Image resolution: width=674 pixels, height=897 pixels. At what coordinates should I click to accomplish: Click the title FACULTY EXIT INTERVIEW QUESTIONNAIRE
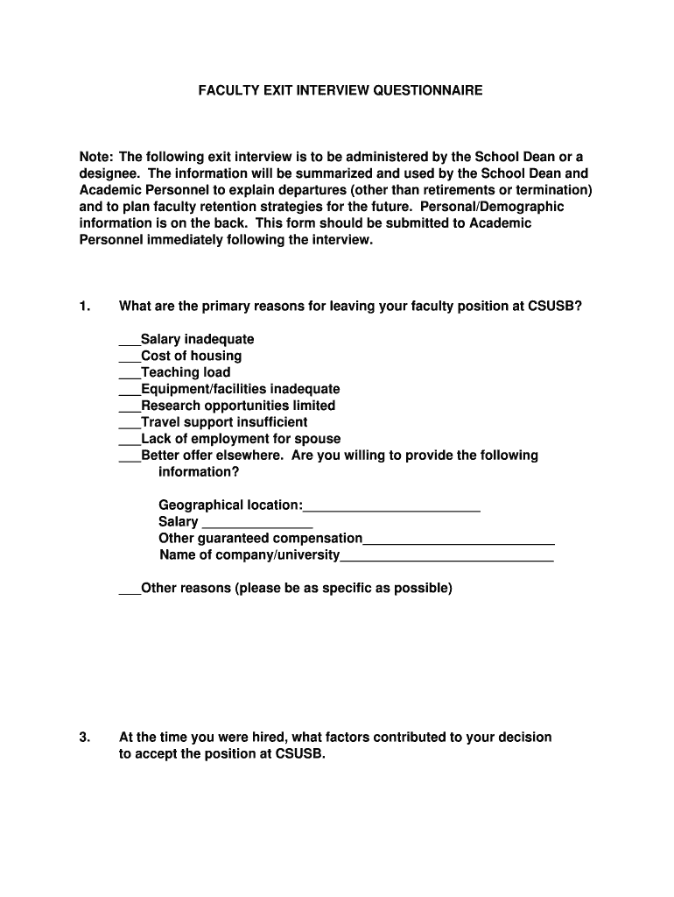click(x=340, y=90)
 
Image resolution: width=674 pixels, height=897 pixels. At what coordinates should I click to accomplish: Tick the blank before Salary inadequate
click(x=130, y=340)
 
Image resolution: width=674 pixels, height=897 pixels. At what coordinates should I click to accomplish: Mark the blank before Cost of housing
click(x=130, y=357)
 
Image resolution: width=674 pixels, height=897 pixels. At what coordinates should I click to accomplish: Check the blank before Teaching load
click(x=130, y=373)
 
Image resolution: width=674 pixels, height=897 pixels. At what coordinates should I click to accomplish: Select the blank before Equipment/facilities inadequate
click(x=130, y=390)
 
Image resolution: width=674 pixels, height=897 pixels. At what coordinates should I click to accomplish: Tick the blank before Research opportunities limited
click(x=130, y=406)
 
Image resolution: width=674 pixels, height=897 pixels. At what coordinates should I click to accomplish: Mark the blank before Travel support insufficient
click(x=130, y=423)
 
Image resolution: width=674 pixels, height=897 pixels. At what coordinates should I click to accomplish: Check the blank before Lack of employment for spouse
click(x=130, y=440)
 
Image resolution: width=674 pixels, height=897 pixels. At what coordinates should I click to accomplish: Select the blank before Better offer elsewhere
click(x=130, y=456)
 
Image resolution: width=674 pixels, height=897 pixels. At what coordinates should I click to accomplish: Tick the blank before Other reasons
click(x=130, y=590)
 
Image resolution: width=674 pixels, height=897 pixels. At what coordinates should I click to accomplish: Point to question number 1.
click(x=85, y=307)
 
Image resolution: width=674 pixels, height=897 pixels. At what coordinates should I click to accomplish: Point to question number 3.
click(x=85, y=738)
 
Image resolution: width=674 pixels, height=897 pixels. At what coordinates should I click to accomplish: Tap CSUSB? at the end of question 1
click(x=554, y=307)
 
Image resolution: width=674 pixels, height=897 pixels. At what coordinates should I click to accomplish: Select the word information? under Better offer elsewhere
click(x=199, y=472)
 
